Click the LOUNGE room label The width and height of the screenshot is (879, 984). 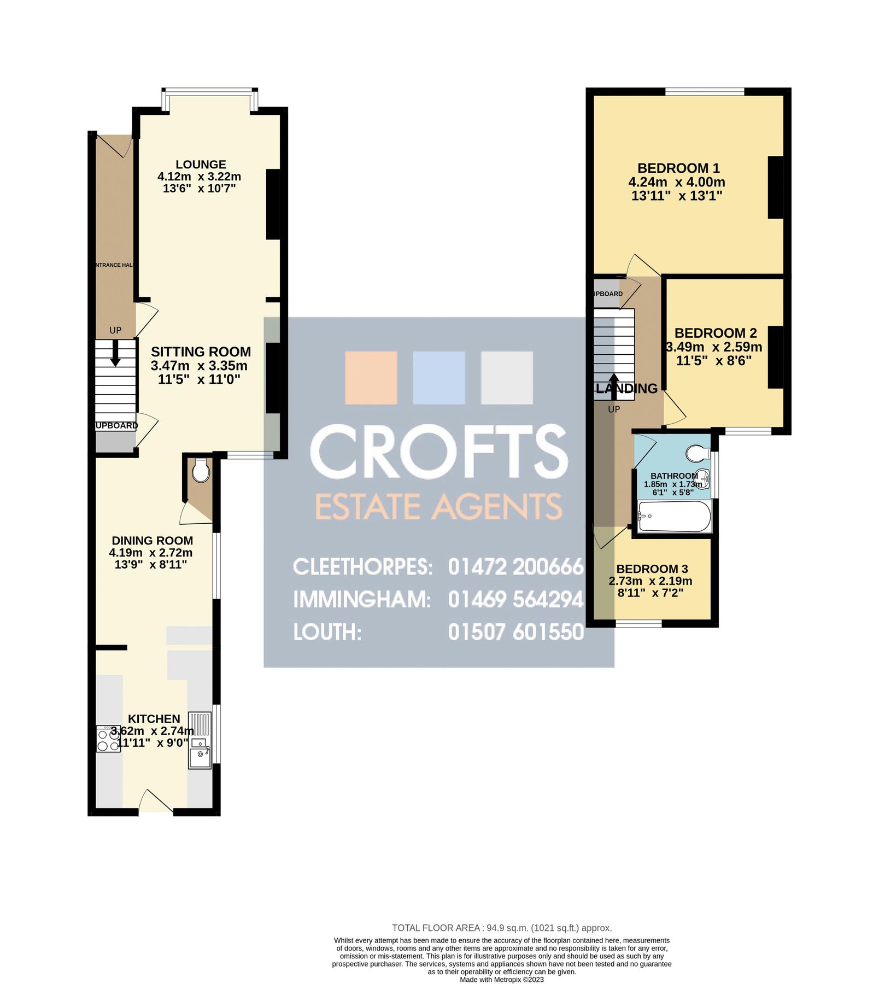[201, 165]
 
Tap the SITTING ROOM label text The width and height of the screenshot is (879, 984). [201, 352]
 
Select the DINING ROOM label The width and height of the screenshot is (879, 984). [152, 541]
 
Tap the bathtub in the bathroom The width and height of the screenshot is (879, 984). [675, 516]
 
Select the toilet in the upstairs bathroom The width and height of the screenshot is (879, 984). [698, 453]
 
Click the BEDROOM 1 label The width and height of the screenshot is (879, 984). [678, 168]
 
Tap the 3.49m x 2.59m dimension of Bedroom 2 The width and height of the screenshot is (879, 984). [714, 347]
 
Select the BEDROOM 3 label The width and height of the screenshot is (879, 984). [652, 569]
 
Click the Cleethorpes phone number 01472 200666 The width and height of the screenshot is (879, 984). [515, 567]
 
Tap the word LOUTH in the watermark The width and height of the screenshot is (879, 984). [327, 632]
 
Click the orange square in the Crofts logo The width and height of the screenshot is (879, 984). [371, 378]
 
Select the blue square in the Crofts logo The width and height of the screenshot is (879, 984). [439, 378]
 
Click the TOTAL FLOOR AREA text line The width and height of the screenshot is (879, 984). [501, 928]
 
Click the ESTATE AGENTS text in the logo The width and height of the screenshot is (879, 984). [438, 507]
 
